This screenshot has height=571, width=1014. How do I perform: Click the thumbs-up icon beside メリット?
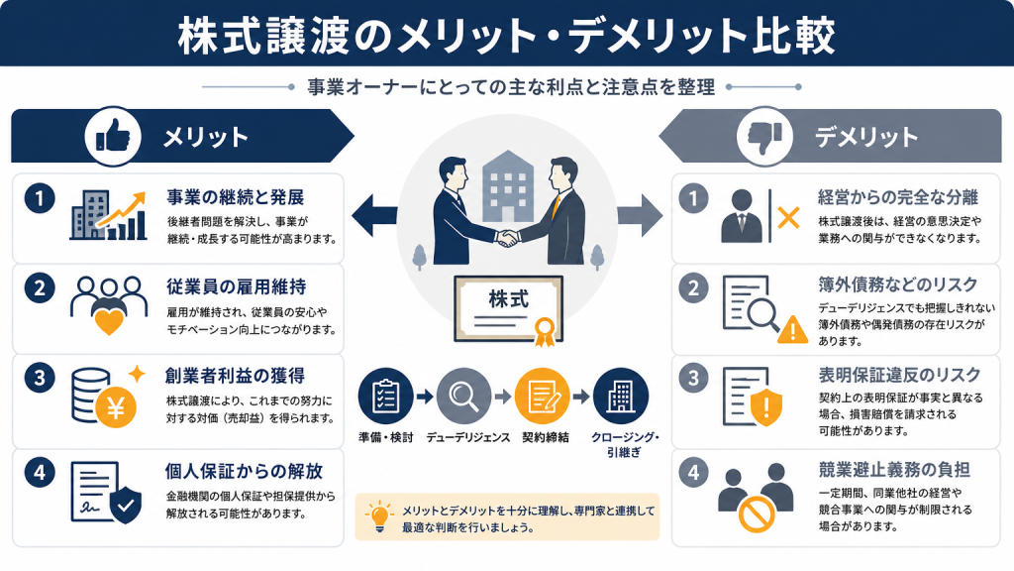point(113,137)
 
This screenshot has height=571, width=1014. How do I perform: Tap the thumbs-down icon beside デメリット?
point(765,137)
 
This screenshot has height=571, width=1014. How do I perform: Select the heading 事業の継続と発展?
point(236,197)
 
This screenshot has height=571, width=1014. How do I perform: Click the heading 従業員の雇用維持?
point(236,286)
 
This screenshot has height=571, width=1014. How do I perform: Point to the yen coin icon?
point(117,407)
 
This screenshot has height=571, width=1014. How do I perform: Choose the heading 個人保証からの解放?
point(244,471)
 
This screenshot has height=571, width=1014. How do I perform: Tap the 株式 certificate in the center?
point(508,309)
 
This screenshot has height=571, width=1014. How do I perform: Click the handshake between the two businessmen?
point(507,238)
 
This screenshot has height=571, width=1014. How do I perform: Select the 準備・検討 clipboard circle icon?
point(386,396)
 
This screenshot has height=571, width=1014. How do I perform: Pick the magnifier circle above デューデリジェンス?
point(463,396)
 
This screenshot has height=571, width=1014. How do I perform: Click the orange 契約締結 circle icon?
point(542,396)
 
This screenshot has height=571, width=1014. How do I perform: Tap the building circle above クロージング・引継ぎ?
point(620,396)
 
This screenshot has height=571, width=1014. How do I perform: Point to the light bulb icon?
point(379,516)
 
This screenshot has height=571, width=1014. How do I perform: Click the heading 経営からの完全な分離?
point(898,197)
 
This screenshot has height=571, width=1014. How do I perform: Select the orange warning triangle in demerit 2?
point(792,329)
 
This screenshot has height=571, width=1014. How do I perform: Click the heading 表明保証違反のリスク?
point(899,375)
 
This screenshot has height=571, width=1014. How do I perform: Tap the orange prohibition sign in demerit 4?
point(757,514)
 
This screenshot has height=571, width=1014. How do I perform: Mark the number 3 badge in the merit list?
point(40,378)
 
